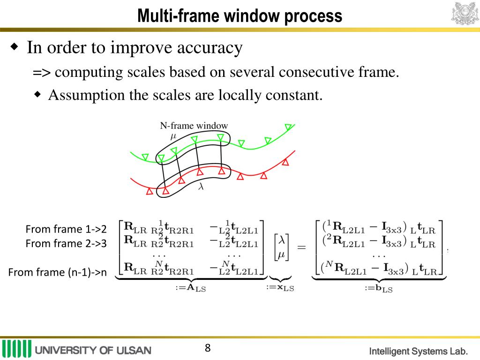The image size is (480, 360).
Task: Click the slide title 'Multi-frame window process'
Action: click(240, 17)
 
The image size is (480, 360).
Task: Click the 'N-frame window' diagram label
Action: click(194, 126)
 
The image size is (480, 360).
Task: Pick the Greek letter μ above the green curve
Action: click(173, 136)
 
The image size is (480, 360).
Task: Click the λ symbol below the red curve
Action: click(201, 186)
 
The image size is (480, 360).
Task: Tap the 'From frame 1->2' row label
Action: click(66, 229)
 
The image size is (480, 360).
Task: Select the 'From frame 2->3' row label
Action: click(66, 244)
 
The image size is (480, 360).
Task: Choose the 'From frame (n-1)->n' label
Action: click(58, 272)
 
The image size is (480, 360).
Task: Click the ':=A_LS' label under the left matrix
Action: click(190, 288)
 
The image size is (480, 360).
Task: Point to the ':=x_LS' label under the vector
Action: click(280, 288)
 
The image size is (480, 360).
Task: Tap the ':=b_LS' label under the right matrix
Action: click(378, 288)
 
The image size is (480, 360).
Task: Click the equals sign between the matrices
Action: click(301, 247)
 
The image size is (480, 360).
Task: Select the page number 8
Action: click(208, 348)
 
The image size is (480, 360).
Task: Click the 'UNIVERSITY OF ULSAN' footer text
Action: click(93, 350)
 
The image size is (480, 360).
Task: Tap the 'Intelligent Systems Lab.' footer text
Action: click(419, 351)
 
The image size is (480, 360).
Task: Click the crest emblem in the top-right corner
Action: click(465, 13)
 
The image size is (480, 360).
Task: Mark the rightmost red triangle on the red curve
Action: click(285, 162)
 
